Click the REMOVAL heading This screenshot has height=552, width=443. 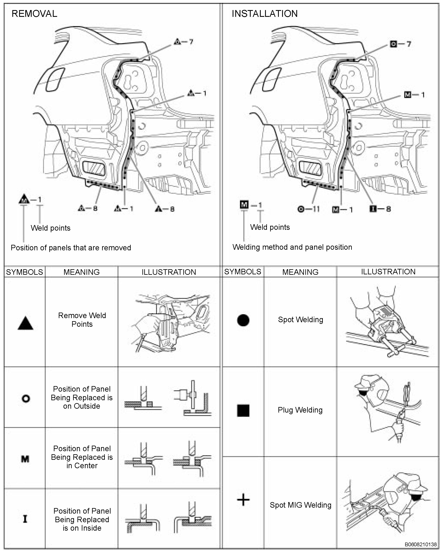click(34, 14)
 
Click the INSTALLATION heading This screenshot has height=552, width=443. click(264, 14)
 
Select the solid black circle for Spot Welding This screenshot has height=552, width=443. click(243, 320)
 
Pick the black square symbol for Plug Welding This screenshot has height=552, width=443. click(243, 411)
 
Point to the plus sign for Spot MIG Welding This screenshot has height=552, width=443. click(243, 500)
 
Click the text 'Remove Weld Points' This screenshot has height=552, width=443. click(82, 320)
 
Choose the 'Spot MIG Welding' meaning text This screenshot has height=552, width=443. click(300, 505)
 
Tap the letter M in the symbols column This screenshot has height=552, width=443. click(25, 459)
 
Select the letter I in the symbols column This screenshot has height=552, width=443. click(25, 519)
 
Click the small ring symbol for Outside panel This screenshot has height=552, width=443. click(26, 398)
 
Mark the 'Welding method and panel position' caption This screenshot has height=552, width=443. click(292, 247)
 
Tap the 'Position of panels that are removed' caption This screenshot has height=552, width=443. click(71, 248)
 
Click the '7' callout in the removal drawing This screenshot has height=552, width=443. click(191, 42)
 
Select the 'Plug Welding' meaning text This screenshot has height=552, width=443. click(300, 410)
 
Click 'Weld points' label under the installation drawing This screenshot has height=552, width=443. click(270, 227)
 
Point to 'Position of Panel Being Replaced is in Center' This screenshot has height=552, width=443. click(82, 457)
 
